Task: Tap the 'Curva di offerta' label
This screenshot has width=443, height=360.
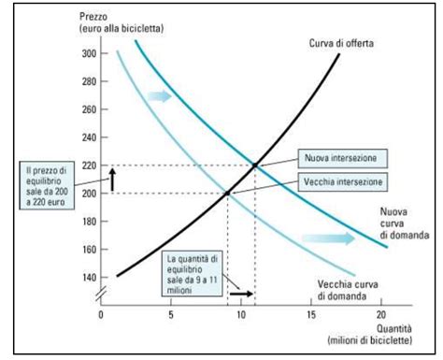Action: click(341, 43)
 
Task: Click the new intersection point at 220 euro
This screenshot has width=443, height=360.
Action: click(255, 166)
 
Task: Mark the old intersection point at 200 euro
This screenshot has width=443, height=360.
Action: click(227, 194)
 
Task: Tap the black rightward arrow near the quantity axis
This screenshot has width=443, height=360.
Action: click(240, 292)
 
